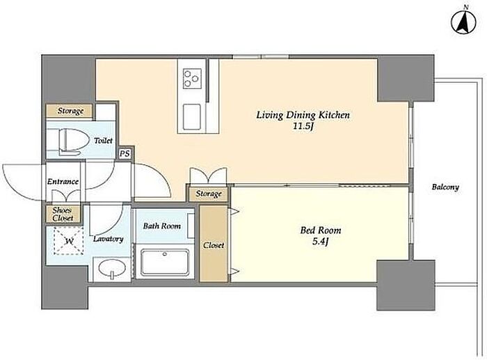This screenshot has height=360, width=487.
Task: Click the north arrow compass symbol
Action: click(x=464, y=22)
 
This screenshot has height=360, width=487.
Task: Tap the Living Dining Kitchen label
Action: click(x=303, y=115)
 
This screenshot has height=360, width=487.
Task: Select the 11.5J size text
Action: click(x=303, y=127)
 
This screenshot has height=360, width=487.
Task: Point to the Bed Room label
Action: click(x=320, y=230)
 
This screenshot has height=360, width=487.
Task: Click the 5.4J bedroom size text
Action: click(x=320, y=242)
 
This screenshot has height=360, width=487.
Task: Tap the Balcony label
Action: click(x=445, y=187)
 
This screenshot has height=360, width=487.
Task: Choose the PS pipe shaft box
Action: click(x=125, y=154)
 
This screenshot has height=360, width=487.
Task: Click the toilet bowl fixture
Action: click(x=72, y=142)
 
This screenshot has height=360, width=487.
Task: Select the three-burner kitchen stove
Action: click(x=192, y=79)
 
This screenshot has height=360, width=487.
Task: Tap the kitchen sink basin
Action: click(x=191, y=117)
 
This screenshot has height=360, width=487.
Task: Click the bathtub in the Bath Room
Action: click(x=165, y=262)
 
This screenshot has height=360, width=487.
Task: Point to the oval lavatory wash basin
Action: click(x=112, y=268)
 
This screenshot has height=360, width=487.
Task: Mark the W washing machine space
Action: click(x=69, y=241)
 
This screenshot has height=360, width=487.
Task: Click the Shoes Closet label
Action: click(x=63, y=214)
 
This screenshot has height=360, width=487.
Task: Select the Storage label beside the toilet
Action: click(x=70, y=111)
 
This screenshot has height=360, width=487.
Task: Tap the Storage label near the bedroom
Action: click(x=209, y=194)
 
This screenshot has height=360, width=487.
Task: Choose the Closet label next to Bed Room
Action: click(x=214, y=245)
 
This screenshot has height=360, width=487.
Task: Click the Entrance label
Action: click(x=63, y=182)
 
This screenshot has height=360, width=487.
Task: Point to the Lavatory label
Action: click(x=109, y=239)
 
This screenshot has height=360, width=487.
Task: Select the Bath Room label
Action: click(x=162, y=226)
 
